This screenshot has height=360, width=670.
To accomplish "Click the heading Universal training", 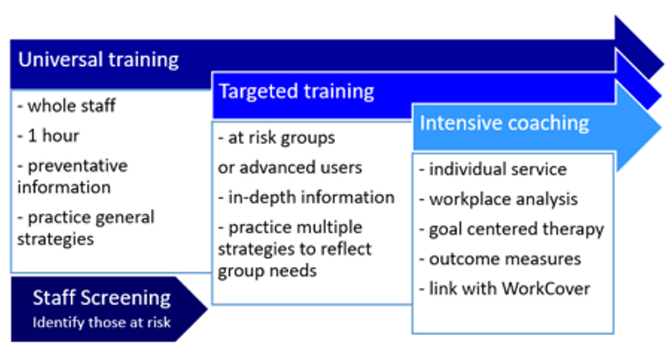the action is tap(98, 60).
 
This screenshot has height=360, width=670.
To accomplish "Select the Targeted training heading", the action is tap(297, 92).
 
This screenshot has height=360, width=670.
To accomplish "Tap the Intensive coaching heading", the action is tap(504, 124).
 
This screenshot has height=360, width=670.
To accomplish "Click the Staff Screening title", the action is tap(102, 298).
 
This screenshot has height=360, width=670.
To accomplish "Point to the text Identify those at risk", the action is tap(102, 322).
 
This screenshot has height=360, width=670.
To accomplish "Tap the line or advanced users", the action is tap(290, 168).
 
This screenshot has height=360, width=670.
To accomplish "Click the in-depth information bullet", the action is tap(306, 198).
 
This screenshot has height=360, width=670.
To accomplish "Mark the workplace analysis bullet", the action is tap(498, 199).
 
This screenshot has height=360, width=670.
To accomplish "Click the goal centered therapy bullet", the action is tap(511, 229).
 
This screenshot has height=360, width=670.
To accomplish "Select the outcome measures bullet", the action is tap(500, 259).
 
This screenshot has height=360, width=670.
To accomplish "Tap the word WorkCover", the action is tap(546, 289).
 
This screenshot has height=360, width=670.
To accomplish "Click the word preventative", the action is tap(78, 166).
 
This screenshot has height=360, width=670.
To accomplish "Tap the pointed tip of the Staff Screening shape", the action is tap(207, 308).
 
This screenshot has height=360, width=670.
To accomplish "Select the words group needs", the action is tap(267, 271).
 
